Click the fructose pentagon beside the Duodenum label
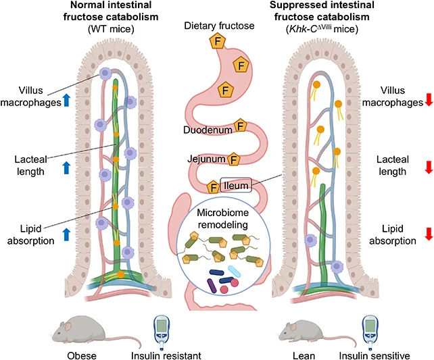(240, 126)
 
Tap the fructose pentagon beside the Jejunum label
(234, 159)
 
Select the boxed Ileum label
(236, 185)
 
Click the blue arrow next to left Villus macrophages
(66, 100)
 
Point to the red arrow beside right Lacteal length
(429, 168)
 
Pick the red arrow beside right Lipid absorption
(429, 234)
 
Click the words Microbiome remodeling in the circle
(223, 218)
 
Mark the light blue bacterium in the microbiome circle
(234, 271)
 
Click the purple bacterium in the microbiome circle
(212, 286)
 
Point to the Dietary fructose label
(219, 26)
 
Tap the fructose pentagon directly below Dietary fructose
(218, 41)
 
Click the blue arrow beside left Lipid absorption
(66, 234)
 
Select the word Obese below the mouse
(82, 355)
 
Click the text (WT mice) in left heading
(111, 29)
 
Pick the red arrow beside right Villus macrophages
(429, 99)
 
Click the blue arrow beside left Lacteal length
(66, 168)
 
